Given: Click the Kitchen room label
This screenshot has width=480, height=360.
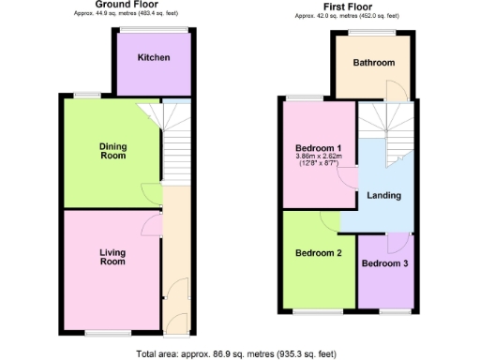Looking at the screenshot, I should point(154,58).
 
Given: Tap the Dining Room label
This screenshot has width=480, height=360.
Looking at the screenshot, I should point(112,151).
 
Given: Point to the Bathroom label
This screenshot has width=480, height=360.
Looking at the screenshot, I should point(373,63).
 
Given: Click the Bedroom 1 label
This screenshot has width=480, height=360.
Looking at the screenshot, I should point(318,148).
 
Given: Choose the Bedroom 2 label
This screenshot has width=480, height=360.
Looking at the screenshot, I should point(319,253).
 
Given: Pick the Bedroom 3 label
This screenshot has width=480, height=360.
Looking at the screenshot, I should point(385,263).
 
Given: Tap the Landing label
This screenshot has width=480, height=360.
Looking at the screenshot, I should point(384,196).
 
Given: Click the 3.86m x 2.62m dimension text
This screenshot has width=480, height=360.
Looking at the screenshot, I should point(318,157).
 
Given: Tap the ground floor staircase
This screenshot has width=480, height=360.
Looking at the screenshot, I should point(175,150).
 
